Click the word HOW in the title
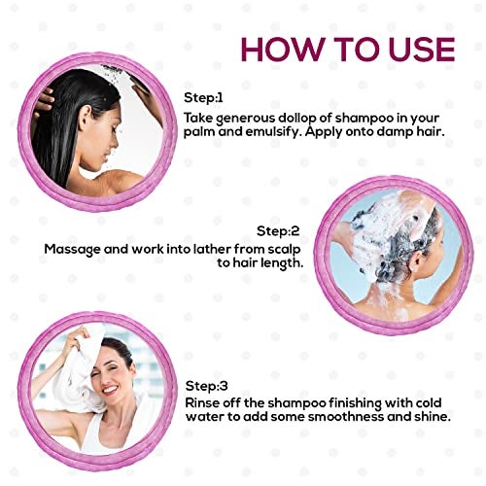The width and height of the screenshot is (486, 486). tap(282, 50)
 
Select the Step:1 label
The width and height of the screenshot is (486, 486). tap(203, 97)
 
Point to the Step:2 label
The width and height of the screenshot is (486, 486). tap(278, 231)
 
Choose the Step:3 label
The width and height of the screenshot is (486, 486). tap(207, 386)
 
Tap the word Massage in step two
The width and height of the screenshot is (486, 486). tap(72, 250)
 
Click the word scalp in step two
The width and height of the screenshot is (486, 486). tap(284, 250)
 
